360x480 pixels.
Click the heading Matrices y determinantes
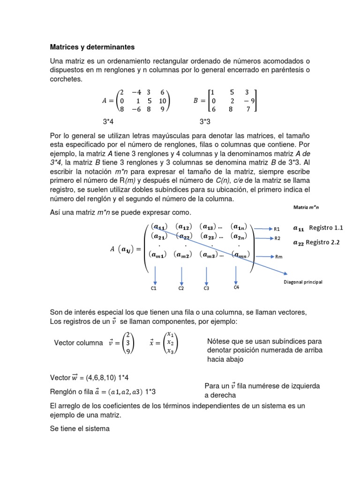pos(92,47)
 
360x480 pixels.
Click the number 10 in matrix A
pos(163,101)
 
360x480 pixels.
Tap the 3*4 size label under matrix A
pos(108,122)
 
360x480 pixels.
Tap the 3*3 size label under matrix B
pos(205,122)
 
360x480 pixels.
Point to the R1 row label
pos(277,229)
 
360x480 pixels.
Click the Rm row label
pos(278,257)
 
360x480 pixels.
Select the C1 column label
pos(153,288)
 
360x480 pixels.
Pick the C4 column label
pos(236,287)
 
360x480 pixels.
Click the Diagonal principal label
pos(303,282)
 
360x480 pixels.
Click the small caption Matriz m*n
pos(306,207)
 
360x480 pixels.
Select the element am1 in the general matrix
pos(157,255)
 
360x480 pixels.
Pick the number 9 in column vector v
pos(127,352)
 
